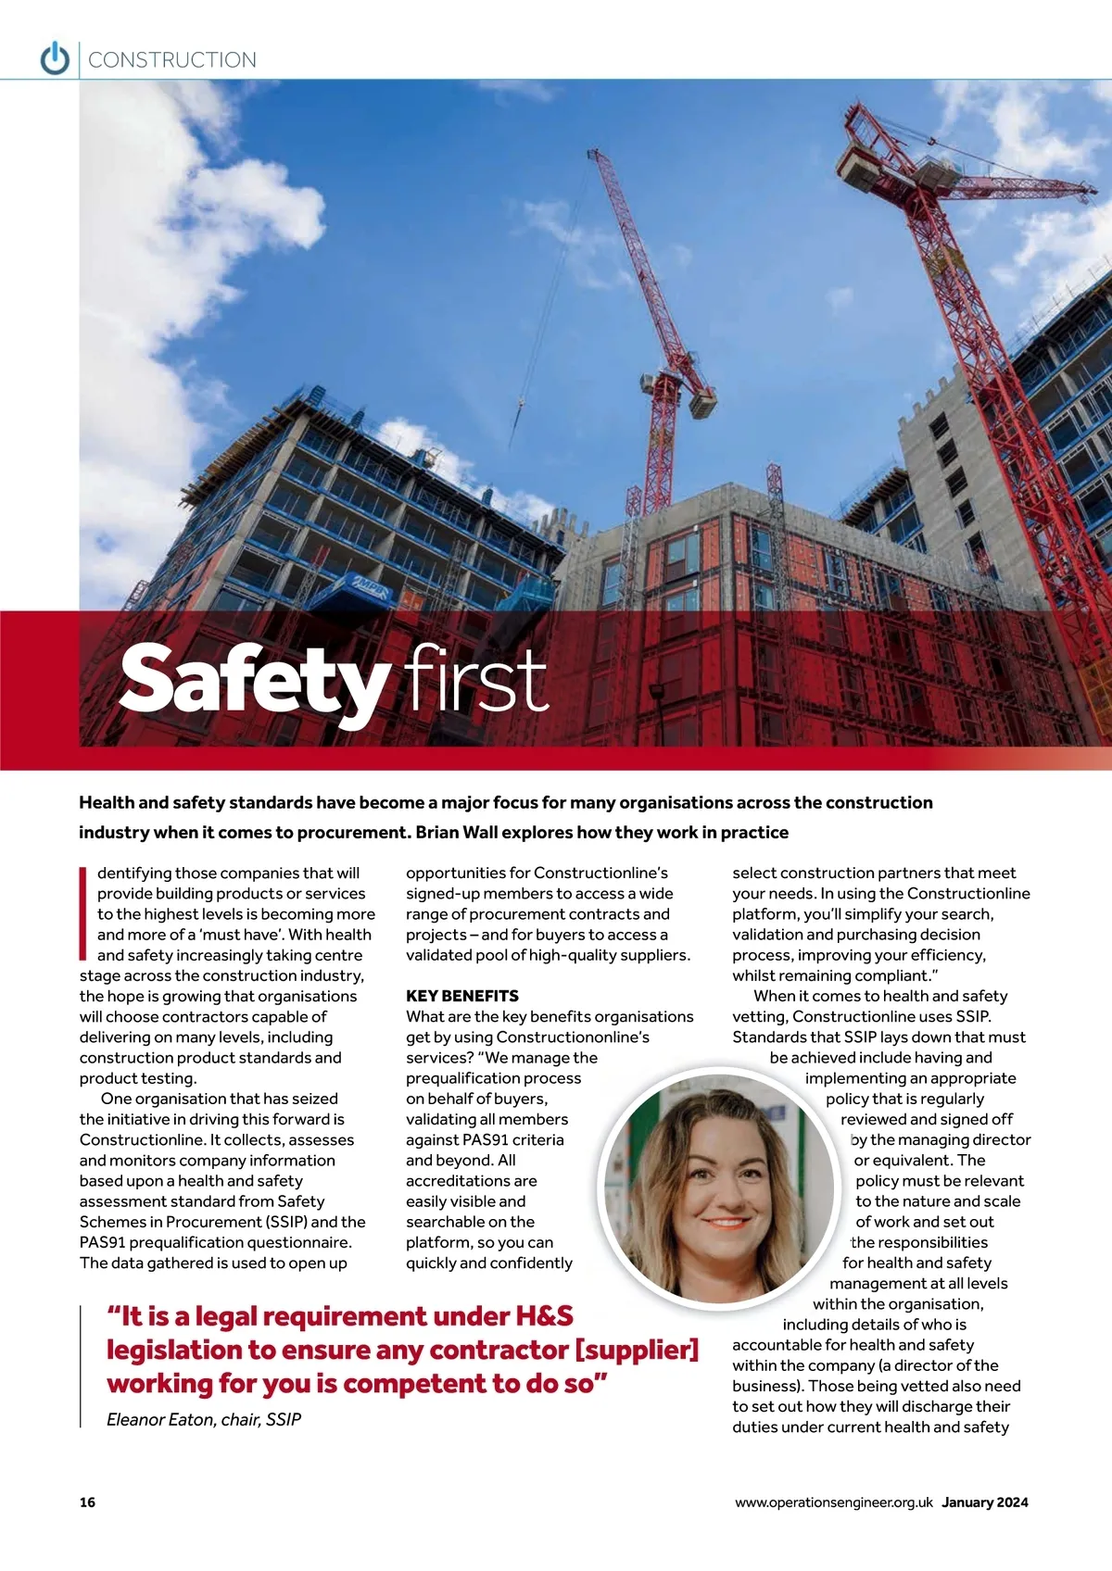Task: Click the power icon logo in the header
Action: [55, 58]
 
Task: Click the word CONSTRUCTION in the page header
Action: [172, 60]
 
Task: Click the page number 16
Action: [87, 1502]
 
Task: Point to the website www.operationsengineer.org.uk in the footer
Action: [833, 1502]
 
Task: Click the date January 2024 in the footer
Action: [985, 1502]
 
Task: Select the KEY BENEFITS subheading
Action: [462, 996]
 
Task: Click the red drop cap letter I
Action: [83, 912]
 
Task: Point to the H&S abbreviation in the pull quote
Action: [544, 1316]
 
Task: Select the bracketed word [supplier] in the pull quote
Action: [637, 1350]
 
